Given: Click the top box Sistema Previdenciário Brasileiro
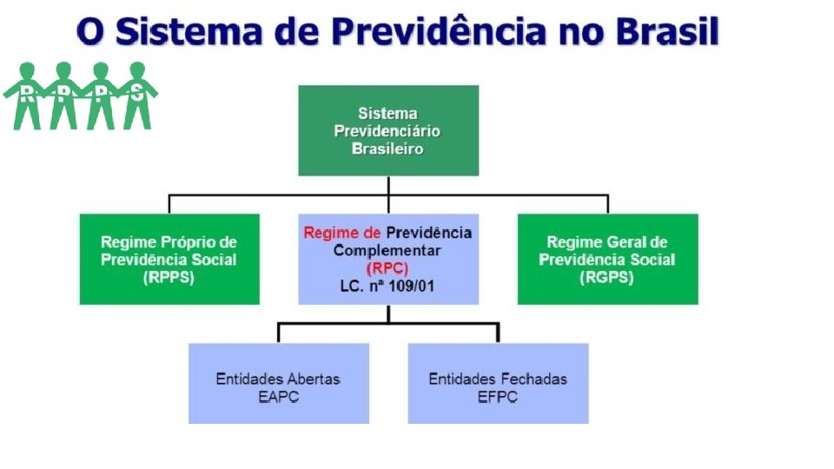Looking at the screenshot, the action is tap(387, 130).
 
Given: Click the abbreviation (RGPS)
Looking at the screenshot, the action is tap(607, 277).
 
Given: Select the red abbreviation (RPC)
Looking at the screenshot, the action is tap(387, 268).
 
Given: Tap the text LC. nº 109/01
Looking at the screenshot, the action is tap(387, 284).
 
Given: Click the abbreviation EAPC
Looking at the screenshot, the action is tap(278, 397).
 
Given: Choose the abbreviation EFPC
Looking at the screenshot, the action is tap(498, 397).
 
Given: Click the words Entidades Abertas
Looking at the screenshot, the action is tap(278, 380).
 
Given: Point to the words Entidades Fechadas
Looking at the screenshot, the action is tap(498, 380).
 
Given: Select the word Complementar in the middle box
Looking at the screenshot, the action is tap(387, 250).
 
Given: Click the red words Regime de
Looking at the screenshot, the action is tap(342, 233).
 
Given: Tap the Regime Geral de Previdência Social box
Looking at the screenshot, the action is tap(607, 259).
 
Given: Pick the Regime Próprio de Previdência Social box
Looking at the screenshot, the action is tap(169, 259).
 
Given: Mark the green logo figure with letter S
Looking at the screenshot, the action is tap(136, 96).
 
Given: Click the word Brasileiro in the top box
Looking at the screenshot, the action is tap(387, 149).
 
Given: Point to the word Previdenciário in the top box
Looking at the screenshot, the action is tap(387, 131).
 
